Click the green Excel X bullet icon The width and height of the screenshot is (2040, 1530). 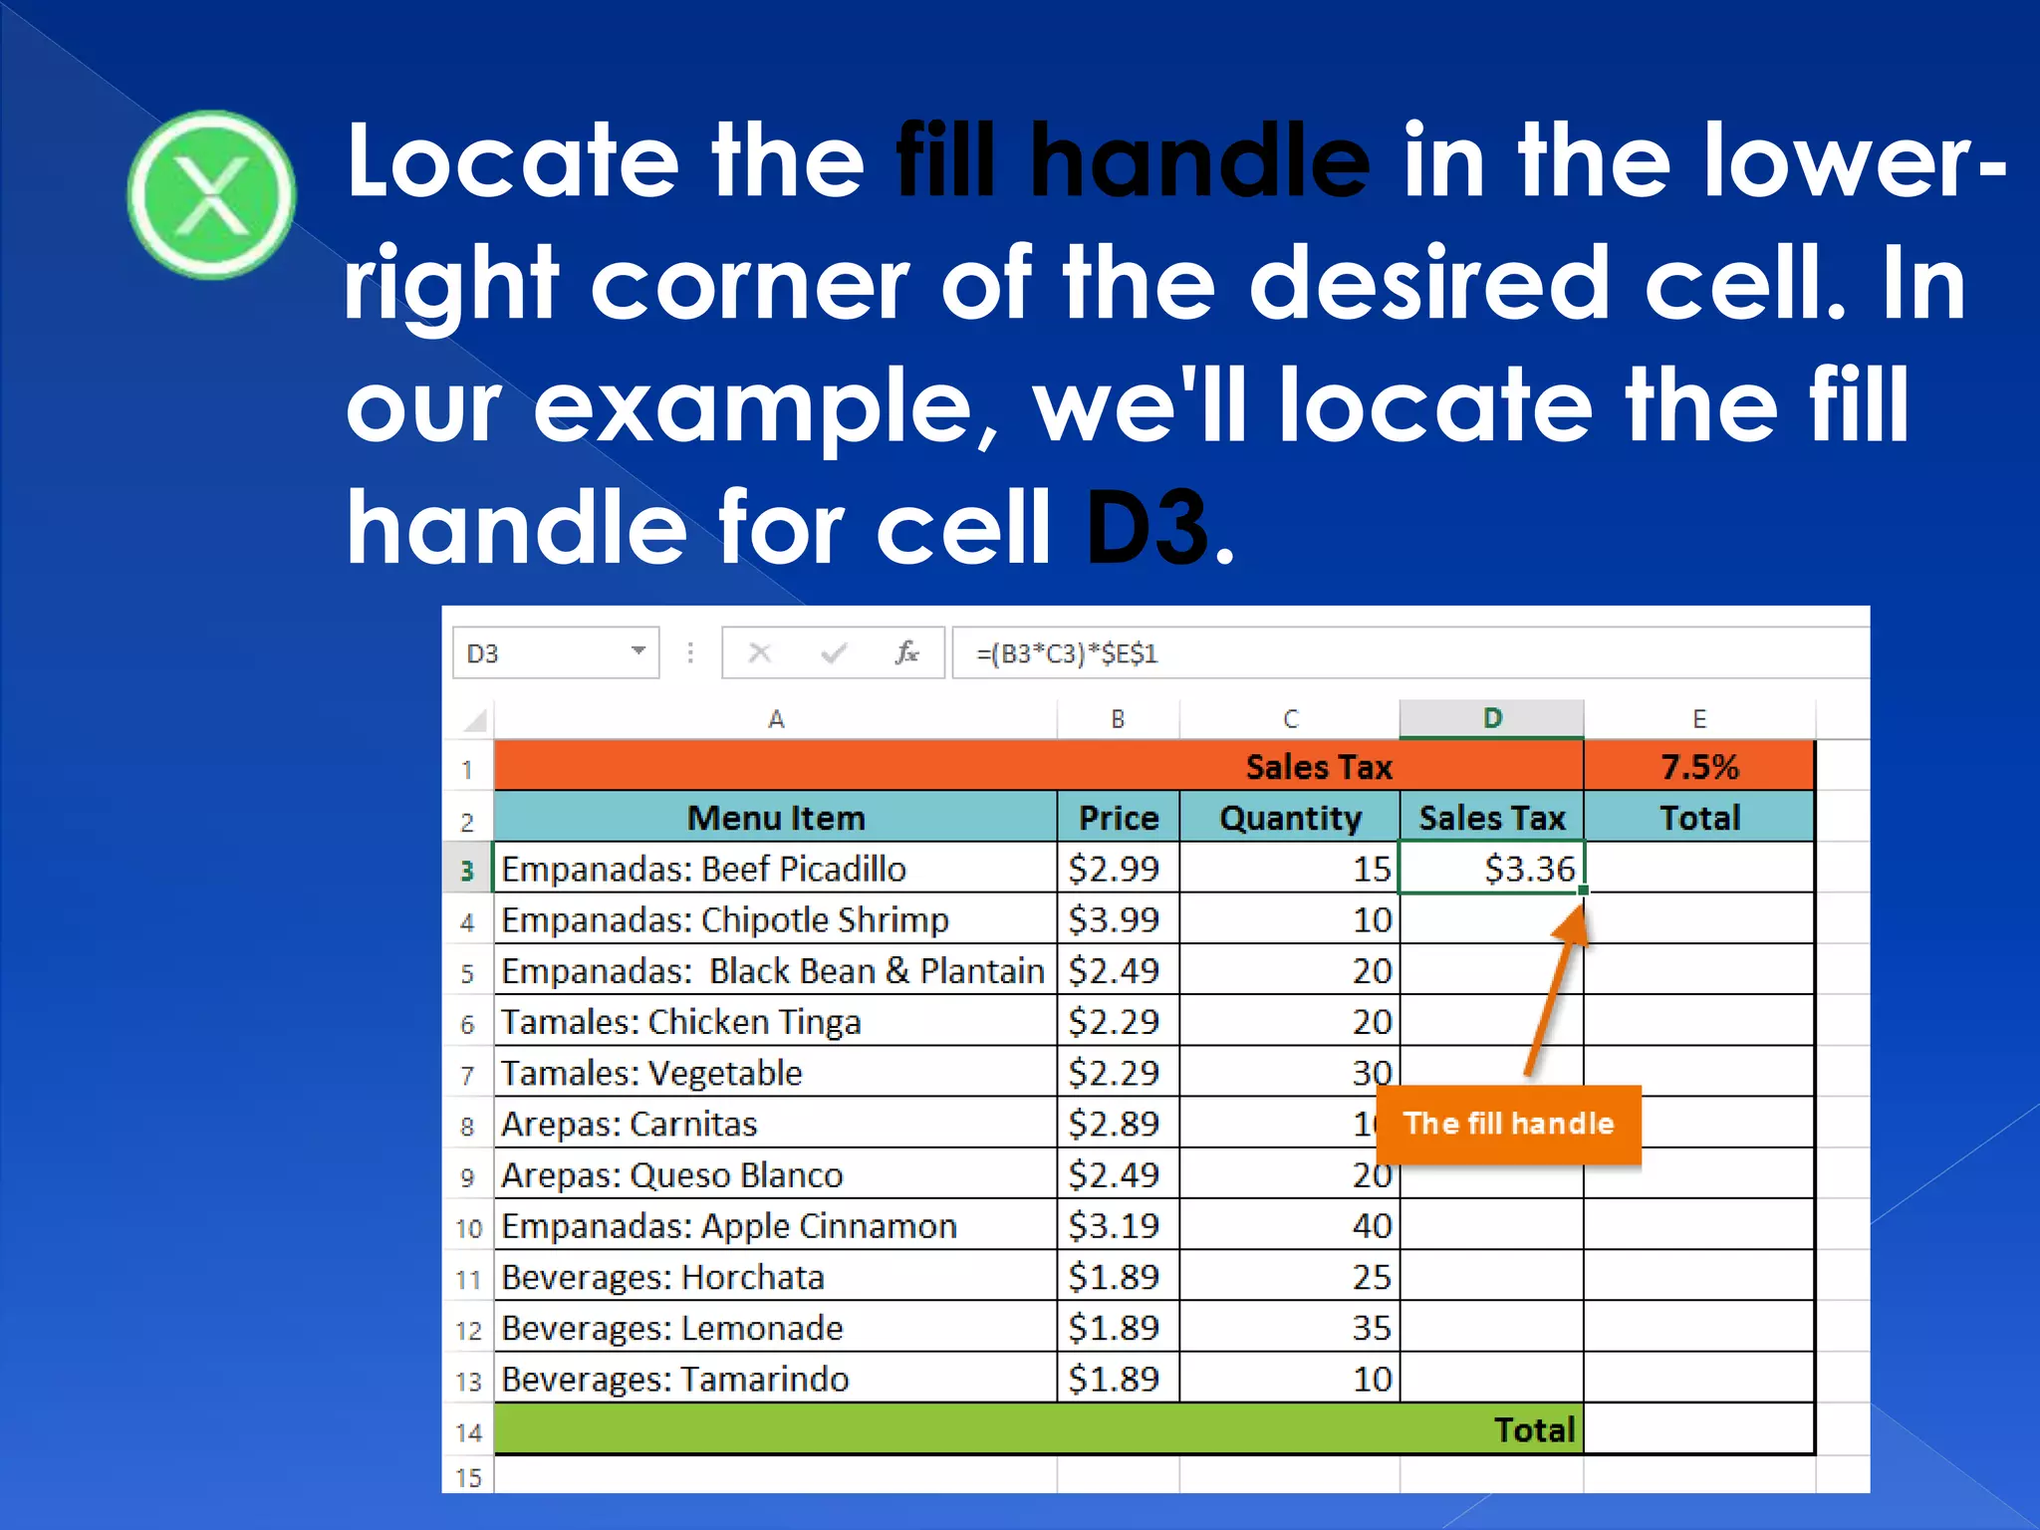click(x=211, y=194)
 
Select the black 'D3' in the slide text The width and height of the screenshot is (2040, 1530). click(x=1147, y=527)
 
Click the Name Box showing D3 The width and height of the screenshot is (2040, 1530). click(x=543, y=653)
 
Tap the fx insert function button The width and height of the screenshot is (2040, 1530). click(x=905, y=653)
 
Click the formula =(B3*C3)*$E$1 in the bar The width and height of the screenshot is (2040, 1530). click(x=1066, y=654)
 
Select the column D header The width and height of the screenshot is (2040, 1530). click(x=1491, y=718)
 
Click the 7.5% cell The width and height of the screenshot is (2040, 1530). click(x=1698, y=767)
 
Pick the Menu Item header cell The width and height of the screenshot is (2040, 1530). click(x=775, y=818)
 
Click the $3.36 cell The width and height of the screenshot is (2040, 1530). click(x=1491, y=869)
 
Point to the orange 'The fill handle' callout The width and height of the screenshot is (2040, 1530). click(x=1508, y=1125)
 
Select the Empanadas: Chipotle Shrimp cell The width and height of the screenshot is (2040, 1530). click(x=725, y=920)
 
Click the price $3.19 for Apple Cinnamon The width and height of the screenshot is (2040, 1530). click(x=1115, y=1226)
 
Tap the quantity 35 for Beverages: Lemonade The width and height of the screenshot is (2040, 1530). click(x=1371, y=1328)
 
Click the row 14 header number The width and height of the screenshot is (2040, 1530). click(x=468, y=1432)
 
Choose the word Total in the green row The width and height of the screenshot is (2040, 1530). click(x=1534, y=1430)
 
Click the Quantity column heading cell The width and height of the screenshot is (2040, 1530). click(x=1290, y=818)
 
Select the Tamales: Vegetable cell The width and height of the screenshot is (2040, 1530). click(x=651, y=1074)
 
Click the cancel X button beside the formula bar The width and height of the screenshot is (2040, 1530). click(x=760, y=653)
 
